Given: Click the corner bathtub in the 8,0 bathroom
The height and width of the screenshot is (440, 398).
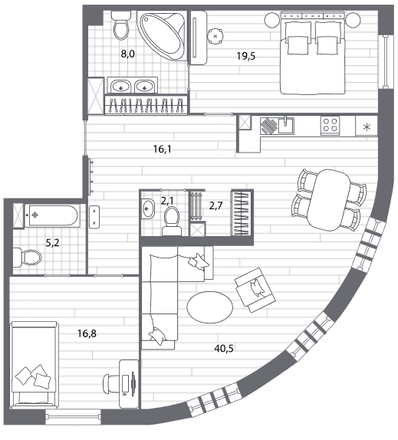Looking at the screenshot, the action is [162, 35].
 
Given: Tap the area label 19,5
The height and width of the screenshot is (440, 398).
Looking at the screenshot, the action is [246, 56].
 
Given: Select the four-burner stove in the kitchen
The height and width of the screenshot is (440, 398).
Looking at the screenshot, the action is [330, 126].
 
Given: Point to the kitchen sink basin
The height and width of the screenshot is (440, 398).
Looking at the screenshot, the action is [286, 125].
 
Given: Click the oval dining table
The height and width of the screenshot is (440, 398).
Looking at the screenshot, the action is [329, 200].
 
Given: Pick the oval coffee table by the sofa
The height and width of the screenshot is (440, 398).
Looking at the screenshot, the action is [209, 307].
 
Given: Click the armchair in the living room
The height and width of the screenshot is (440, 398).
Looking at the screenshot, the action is [255, 290].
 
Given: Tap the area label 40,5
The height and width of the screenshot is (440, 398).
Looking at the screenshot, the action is [224, 349].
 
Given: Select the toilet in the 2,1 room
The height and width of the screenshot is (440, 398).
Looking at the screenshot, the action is [172, 221].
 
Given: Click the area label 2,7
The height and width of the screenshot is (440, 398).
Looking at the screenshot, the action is [215, 205].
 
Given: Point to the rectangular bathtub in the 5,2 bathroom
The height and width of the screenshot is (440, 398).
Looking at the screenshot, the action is [51, 215].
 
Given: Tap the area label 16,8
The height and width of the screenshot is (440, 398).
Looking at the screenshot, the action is [87, 333].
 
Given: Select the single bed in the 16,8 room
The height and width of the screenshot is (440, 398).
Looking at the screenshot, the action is [35, 364].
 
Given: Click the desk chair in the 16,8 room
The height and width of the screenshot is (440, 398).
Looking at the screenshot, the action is [110, 384].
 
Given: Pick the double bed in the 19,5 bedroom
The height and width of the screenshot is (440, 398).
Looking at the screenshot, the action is [313, 53].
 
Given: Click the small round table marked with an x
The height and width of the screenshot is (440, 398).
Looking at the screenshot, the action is [215, 36].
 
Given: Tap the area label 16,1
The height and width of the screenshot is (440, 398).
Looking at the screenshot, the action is [163, 149].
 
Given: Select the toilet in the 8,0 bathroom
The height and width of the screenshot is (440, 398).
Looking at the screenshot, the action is [121, 25].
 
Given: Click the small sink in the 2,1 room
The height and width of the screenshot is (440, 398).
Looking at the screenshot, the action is [148, 209].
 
